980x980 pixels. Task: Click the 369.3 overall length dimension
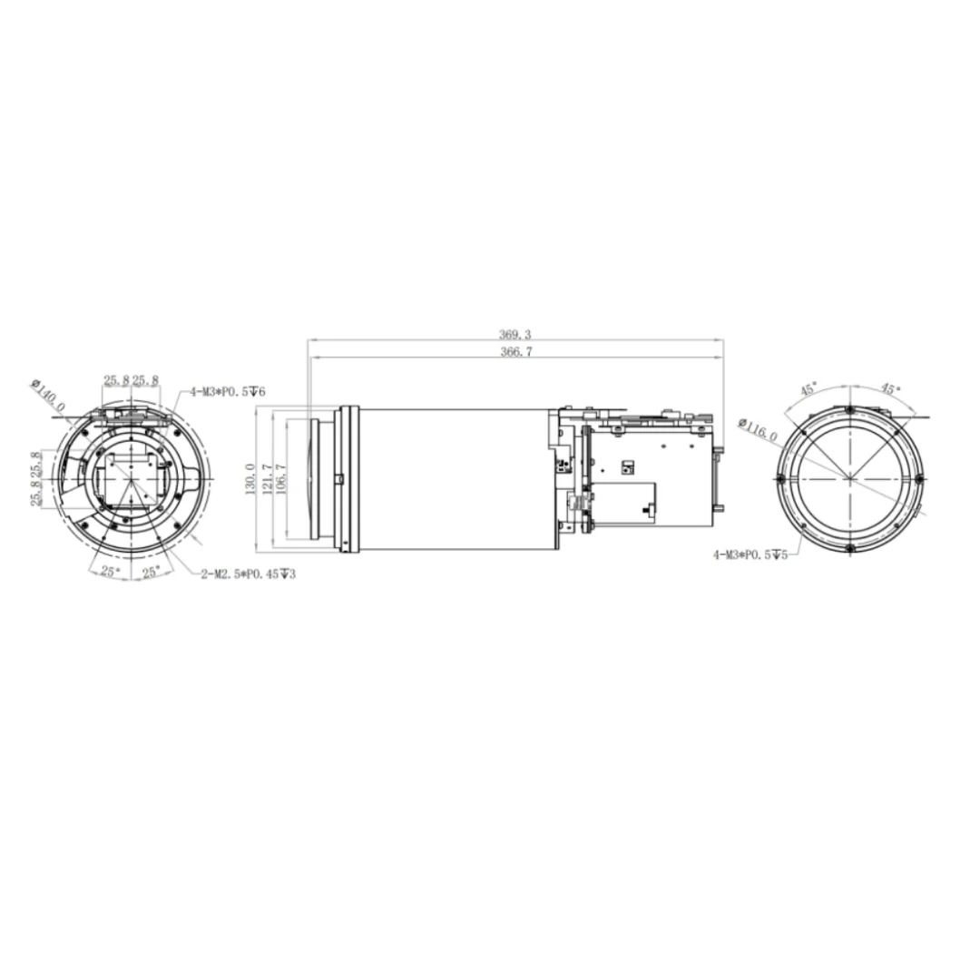click(515, 335)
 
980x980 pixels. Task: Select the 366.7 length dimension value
click(515, 352)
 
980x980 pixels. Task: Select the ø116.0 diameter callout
click(759, 430)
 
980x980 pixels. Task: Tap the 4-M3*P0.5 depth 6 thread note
click(227, 392)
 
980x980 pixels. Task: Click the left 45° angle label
click(808, 389)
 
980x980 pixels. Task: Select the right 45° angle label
click(890, 389)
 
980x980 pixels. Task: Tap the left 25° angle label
click(110, 572)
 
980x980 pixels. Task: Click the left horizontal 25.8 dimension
click(116, 380)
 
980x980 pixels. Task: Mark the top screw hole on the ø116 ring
click(848, 410)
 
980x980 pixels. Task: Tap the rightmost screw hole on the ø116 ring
click(918, 479)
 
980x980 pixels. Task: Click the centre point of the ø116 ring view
click(848, 479)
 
